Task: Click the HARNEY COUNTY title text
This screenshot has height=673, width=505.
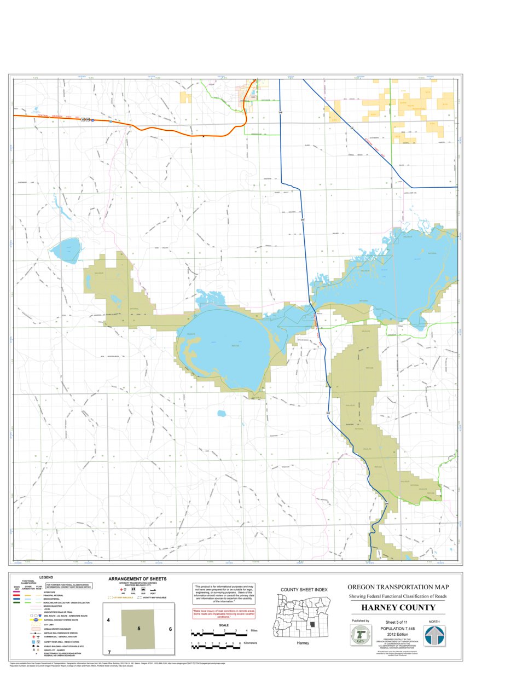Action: point(398,608)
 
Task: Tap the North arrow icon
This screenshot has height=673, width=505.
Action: point(435,636)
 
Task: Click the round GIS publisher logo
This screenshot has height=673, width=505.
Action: point(361,636)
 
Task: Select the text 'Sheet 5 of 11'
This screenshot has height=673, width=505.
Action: point(398,622)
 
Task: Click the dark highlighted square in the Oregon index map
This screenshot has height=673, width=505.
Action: point(312,624)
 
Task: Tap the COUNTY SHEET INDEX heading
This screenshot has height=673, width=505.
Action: point(304,589)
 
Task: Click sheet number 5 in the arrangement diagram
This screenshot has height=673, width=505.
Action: point(139,629)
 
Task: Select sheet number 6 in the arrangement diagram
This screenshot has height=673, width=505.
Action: point(170,629)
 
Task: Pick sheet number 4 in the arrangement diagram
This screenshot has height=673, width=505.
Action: point(108,620)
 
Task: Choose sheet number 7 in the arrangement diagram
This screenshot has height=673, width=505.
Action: point(109,652)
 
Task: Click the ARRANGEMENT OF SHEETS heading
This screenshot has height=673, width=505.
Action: point(137,578)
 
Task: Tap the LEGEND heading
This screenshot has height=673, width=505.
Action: point(46,577)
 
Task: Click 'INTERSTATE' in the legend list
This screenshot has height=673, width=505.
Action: point(50,592)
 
